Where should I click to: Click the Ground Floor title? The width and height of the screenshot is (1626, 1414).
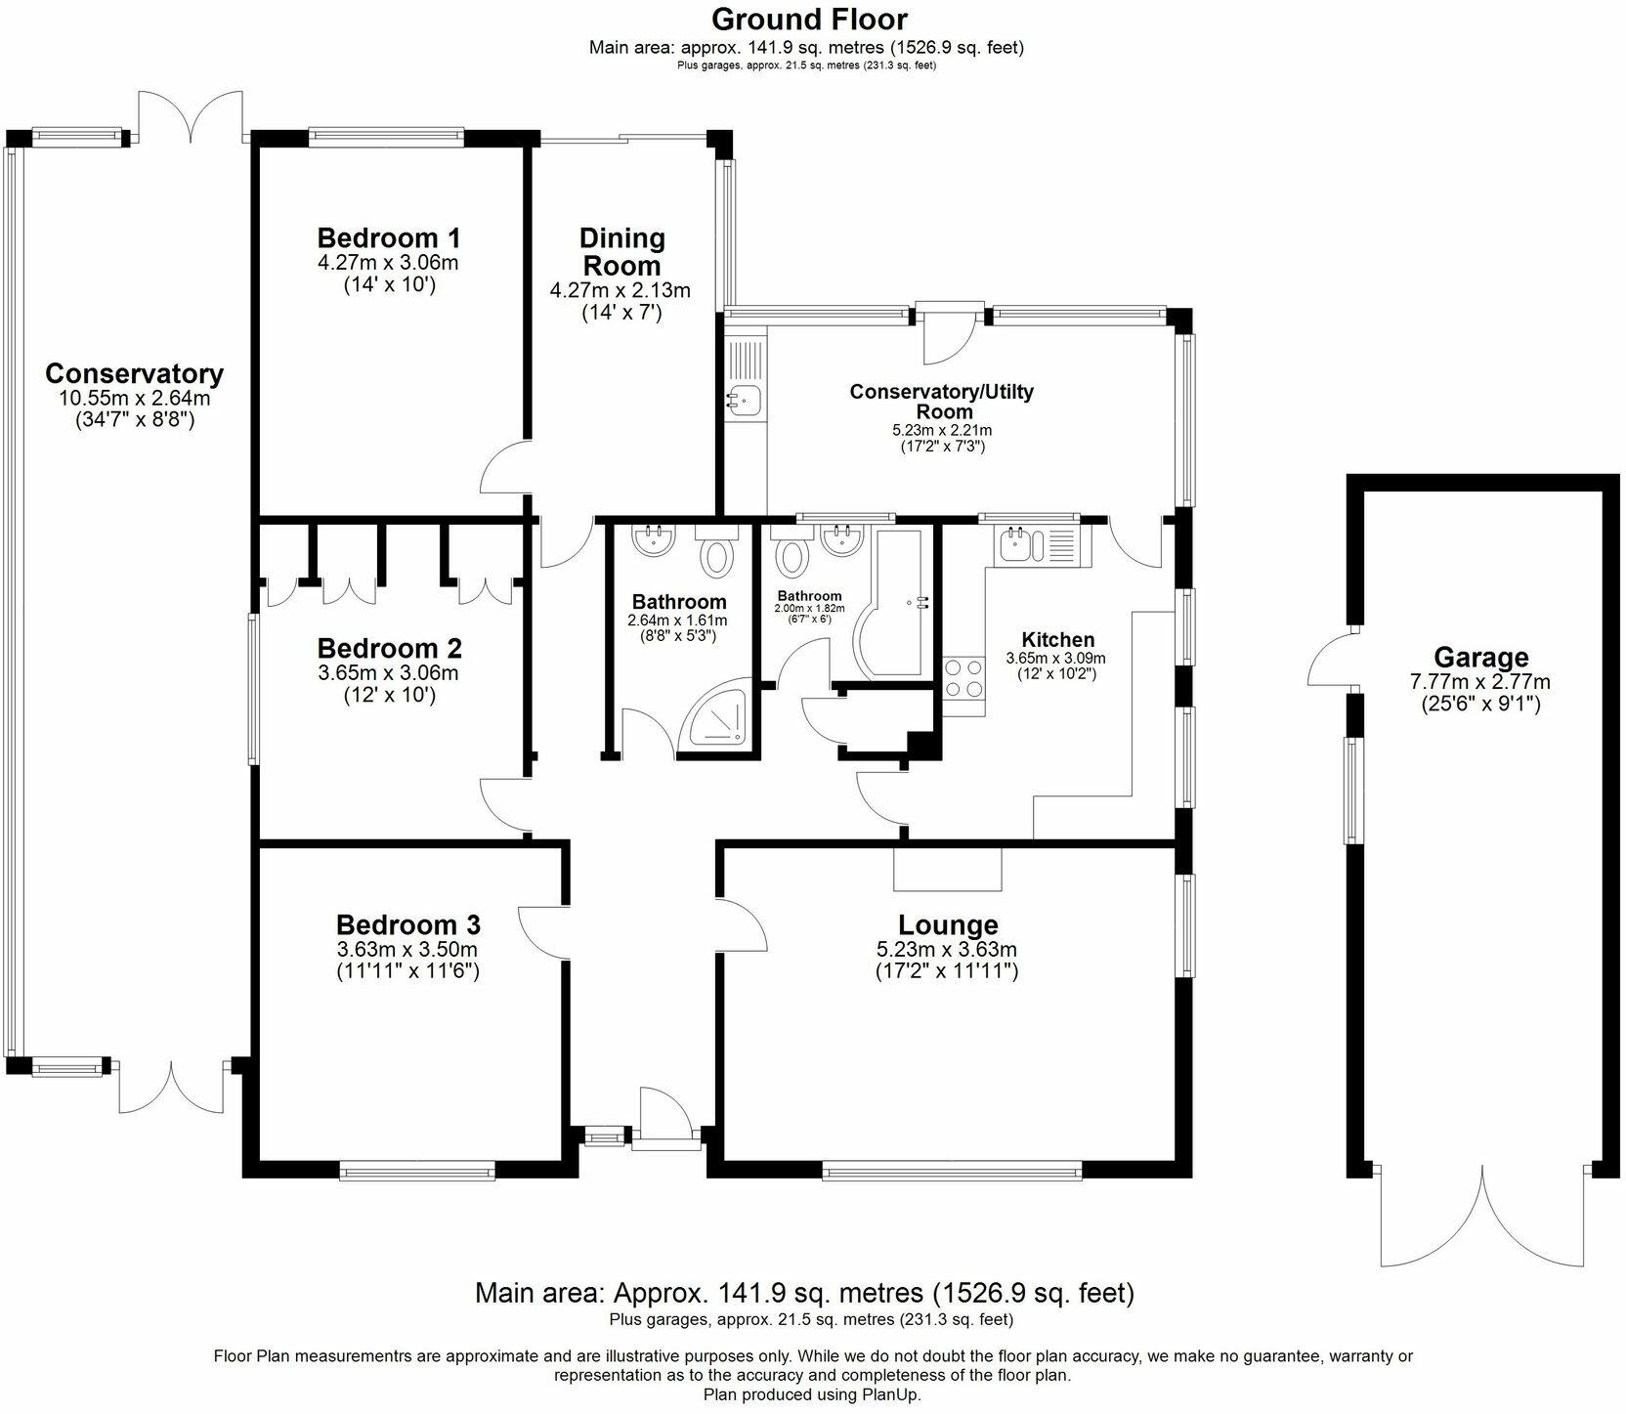coord(809,19)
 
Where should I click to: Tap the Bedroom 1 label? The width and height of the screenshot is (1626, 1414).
coord(388,237)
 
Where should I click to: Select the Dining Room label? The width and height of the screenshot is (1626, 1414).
coord(621,251)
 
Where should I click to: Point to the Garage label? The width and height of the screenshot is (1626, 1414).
coord(1480,658)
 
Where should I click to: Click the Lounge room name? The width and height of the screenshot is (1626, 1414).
coord(948,924)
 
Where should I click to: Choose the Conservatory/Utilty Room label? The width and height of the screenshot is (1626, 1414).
coord(941,401)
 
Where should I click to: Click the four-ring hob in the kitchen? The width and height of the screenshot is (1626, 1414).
coord(964,678)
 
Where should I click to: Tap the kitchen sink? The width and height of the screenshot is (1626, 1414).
coord(1035,545)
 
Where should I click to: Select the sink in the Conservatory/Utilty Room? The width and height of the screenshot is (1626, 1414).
coord(744,398)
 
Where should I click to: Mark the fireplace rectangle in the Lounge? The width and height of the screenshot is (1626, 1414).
coord(948,869)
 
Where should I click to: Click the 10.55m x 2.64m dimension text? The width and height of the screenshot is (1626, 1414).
coord(135,398)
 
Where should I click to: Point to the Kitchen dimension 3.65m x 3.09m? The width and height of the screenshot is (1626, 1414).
coord(1056,659)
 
